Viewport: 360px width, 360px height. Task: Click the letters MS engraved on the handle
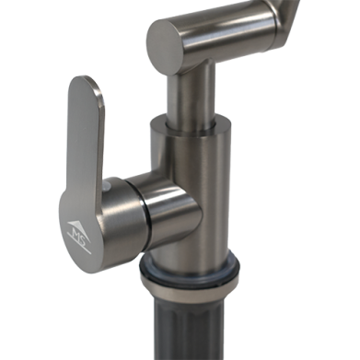[x=77, y=233]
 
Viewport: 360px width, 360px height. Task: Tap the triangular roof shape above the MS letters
[x=78, y=226]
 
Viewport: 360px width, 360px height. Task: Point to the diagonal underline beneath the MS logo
[x=79, y=244]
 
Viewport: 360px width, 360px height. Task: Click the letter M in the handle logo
[x=75, y=230]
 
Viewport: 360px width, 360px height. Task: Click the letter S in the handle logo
[x=81, y=236]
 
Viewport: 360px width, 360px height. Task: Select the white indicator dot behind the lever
[x=106, y=186]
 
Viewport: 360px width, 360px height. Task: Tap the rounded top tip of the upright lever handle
[x=85, y=81]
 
